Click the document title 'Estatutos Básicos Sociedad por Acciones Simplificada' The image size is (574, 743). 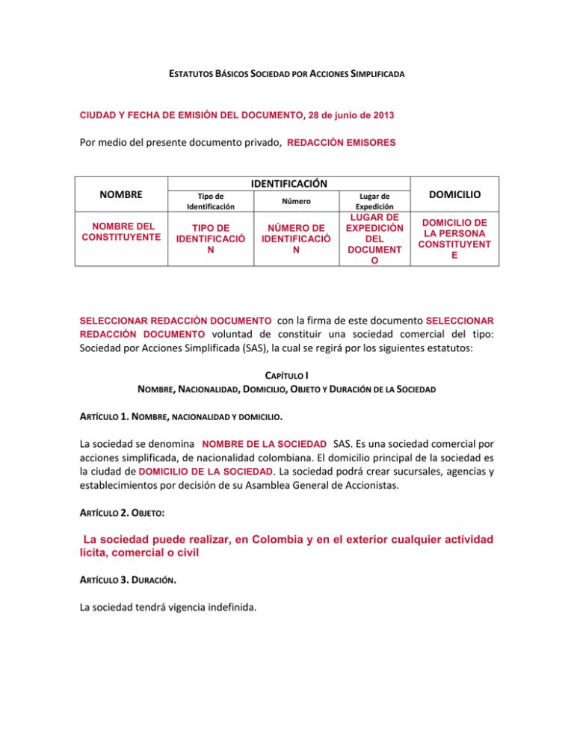coord(286,75)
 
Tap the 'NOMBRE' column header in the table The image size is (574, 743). coord(119,194)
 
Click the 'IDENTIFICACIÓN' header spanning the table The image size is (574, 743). coord(287,182)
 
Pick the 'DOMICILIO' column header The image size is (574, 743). coord(454,194)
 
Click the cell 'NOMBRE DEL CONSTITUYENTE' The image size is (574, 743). coord(119,232)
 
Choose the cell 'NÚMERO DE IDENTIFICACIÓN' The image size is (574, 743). coord(297,238)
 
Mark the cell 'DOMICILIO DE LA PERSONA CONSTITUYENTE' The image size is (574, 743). coord(454,237)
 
